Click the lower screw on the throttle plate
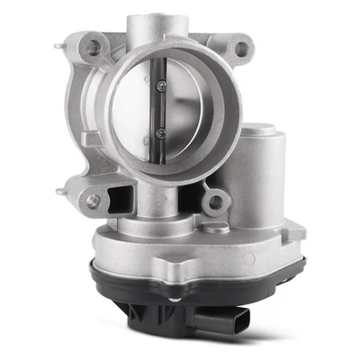[160, 132]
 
